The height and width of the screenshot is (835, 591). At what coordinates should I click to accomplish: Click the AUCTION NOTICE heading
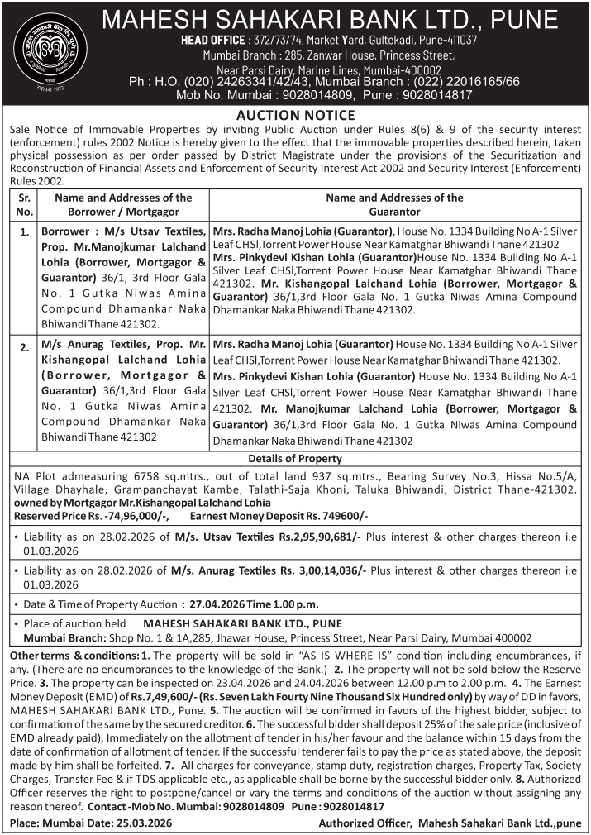[x=295, y=115]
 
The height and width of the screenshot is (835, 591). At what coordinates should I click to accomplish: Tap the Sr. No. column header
[x=25, y=205]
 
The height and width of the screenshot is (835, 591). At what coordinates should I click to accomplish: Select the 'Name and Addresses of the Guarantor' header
[x=394, y=205]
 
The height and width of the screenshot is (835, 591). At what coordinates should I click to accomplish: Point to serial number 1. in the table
[x=25, y=233]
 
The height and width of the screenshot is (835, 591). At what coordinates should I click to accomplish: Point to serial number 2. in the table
[x=25, y=347]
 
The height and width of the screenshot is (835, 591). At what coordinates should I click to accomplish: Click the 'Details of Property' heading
[x=295, y=459]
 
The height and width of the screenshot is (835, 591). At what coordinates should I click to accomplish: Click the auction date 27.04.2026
[x=221, y=604]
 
